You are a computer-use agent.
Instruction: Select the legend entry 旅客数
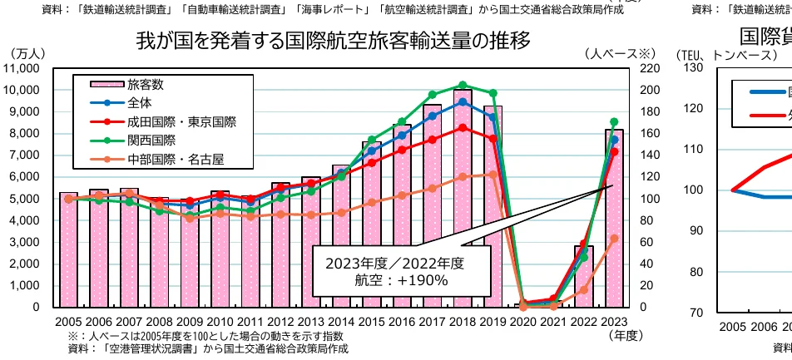tap(146, 85)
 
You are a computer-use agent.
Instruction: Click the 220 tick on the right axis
tap(648, 68)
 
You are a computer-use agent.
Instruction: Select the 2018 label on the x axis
tap(463, 322)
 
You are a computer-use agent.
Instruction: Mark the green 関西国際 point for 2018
tap(463, 85)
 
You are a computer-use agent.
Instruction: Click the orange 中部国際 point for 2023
tap(614, 239)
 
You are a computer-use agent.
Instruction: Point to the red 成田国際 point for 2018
tap(463, 127)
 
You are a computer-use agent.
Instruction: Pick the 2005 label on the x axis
tap(68, 322)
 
